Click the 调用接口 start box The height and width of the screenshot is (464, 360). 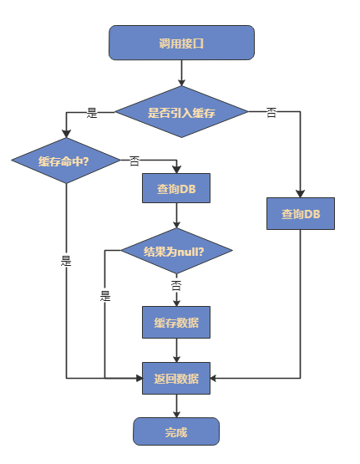181,43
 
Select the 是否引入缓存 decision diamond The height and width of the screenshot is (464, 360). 181,112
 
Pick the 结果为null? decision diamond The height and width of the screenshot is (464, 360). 175,251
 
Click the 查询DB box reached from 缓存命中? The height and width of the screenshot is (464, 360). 175,188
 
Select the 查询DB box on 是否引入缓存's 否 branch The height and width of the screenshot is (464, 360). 301,213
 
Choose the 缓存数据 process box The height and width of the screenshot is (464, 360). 175,322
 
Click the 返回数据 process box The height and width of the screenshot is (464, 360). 175,378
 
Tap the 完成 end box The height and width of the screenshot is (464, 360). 175,431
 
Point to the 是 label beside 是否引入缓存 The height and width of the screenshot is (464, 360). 92,112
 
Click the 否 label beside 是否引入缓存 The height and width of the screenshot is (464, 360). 271,112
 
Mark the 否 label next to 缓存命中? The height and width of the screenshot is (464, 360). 134,161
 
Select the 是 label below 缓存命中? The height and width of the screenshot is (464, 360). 66,261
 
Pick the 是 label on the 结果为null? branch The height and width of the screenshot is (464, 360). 105,295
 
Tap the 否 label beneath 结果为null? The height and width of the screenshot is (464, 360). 176,285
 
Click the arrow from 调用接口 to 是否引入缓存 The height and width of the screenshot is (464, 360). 181,73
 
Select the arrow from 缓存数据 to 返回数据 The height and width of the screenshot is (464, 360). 175,349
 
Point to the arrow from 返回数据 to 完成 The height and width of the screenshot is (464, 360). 175,405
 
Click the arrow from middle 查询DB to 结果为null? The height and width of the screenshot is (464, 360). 175,216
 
